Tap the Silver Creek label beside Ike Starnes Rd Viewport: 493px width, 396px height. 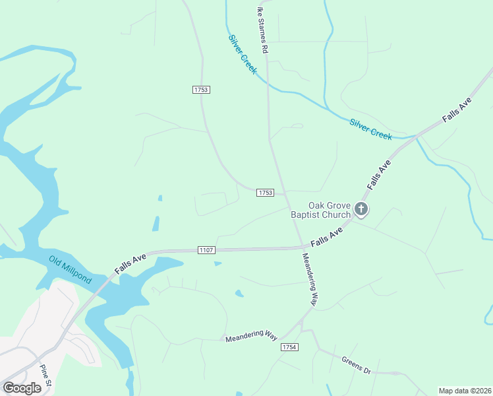[x=243, y=54]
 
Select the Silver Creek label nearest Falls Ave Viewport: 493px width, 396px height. [x=370, y=129]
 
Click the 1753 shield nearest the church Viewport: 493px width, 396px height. [x=264, y=192]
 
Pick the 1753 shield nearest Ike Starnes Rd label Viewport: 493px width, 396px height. [x=202, y=89]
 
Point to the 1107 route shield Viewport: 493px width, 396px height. [x=206, y=249]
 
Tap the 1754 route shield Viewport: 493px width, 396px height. [x=289, y=347]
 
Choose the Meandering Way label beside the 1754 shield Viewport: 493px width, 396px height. [x=251, y=337]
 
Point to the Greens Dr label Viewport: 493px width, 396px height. [x=356, y=365]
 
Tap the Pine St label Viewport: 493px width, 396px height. [x=45, y=375]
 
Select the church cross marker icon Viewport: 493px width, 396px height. [x=361, y=209]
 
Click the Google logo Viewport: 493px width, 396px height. [x=22, y=387]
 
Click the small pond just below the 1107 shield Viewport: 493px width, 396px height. [x=217, y=264]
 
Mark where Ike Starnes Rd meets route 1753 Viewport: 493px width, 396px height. [x=284, y=194]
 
